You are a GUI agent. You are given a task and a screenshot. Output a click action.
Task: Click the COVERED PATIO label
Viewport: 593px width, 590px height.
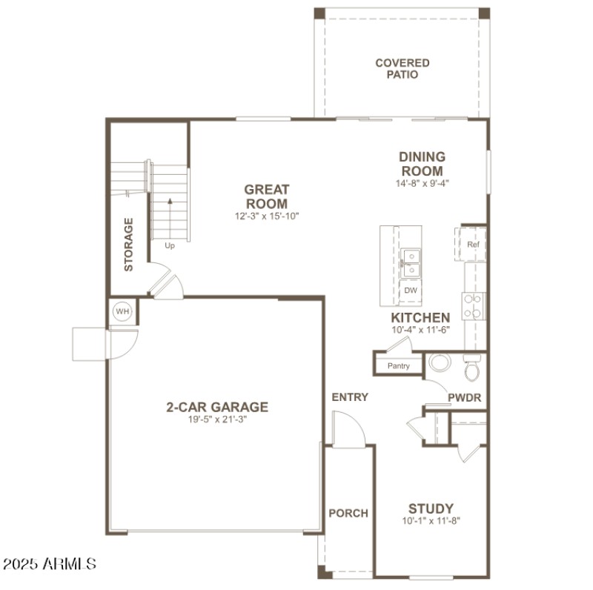pyautogui.click(x=402, y=69)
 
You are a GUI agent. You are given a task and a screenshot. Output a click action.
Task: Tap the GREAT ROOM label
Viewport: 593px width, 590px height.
pyautogui.click(x=267, y=196)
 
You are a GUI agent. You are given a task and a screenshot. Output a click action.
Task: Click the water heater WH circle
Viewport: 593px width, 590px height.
pyautogui.click(x=122, y=312)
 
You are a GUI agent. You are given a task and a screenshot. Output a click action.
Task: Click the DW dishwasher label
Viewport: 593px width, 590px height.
pyautogui.click(x=410, y=291)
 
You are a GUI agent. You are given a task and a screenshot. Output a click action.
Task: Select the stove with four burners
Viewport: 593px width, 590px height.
pyautogui.click(x=474, y=306)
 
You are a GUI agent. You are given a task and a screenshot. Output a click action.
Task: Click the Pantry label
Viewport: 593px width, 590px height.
pyautogui.click(x=399, y=366)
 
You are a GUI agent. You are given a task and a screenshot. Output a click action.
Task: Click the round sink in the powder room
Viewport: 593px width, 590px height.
pyautogui.click(x=440, y=363)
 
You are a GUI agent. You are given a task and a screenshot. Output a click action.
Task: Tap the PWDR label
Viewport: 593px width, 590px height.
pyautogui.click(x=464, y=398)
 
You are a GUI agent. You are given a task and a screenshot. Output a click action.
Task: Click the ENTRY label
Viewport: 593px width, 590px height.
pyautogui.click(x=350, y=397)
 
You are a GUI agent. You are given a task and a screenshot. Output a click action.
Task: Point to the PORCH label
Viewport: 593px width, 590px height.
pyautogui.click(x=348, y=513)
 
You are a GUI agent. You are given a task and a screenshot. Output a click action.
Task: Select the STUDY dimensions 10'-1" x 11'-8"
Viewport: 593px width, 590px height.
pyautogui.click(x=431, y=521)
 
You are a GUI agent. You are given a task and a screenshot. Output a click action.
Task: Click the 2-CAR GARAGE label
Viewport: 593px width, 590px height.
pyautogui.click(x=217, y=407)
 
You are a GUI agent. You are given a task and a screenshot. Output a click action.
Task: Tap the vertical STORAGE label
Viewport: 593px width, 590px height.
pyautogui.click(x=129, y=245)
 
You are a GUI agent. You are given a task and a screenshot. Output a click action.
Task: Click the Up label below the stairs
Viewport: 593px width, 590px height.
pyautogui.click(x=170, y=246)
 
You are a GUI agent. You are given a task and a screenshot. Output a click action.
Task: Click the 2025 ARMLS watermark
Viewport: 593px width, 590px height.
pyautogui.click(x=50, y=564)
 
